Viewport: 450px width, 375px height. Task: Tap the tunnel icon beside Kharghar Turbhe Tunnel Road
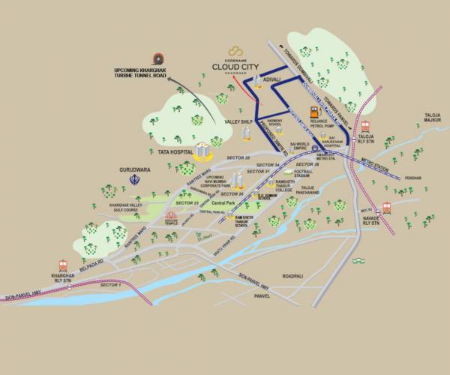[x=157, y=59]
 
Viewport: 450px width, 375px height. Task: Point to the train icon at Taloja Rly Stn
[x=366, y=126]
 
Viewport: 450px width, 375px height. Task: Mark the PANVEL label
[x=261, y=296]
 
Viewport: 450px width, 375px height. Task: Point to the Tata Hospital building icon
[x=201, y=149]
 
